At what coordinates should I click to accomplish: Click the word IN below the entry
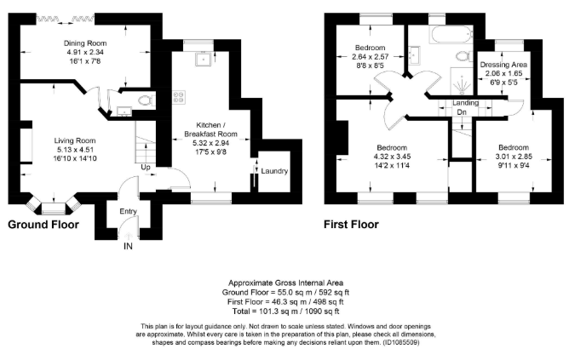coord(128,246)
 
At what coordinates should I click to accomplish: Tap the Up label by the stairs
coord(146,167)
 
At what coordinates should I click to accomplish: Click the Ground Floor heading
coord(43,226)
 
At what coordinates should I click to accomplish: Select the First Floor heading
coord(351,226)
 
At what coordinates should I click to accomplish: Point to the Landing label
coord(465,103)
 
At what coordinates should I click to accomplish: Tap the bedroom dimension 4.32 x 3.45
coord(394,157)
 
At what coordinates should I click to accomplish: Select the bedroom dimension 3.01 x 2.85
coord(514,157)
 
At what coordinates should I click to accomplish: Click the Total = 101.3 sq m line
coord(285,309)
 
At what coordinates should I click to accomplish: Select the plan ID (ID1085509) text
coord(392,342)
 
